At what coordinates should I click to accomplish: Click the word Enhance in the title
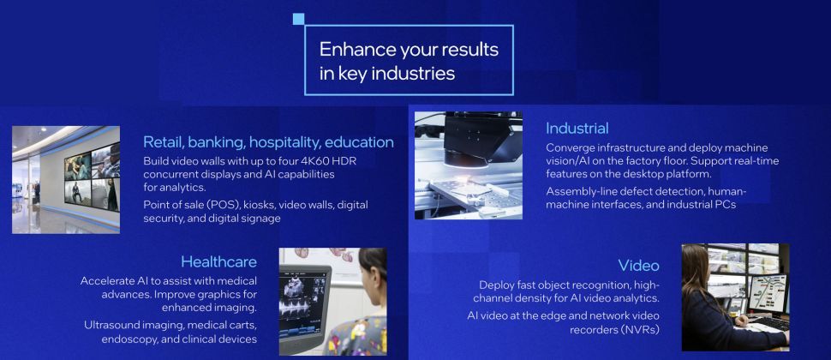tap(350, 50)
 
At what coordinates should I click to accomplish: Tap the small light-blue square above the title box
tap(298, 19)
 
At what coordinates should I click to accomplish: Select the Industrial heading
tap(577, 129)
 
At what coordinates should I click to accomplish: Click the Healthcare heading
tap(218, 261)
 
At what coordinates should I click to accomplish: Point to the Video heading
tap(638, 265)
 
